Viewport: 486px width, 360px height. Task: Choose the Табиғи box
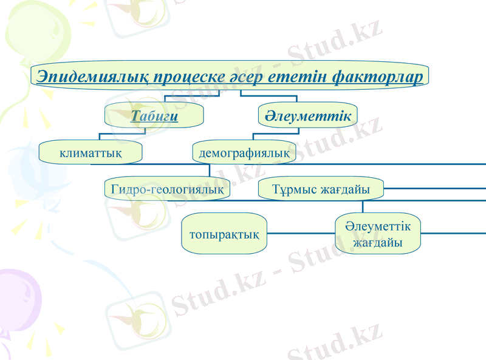click(x=154, y=115)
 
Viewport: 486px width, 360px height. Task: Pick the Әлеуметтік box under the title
click(x=307, y=115)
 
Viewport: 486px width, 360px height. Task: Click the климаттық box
click(x=91, y=152)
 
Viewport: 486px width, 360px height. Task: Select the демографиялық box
click(x=244, y=152)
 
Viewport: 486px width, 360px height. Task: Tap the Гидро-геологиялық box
click(x=167, y=189)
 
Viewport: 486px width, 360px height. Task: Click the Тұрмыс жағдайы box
click(x=321, y=189)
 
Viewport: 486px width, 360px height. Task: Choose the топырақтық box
click(x=224, y=234)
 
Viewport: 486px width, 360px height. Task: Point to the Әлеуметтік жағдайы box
click(x=378, y=234)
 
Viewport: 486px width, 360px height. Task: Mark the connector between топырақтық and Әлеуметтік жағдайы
click(x=301, y=233)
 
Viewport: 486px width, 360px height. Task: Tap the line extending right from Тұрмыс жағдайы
click(x=434, y=188)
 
